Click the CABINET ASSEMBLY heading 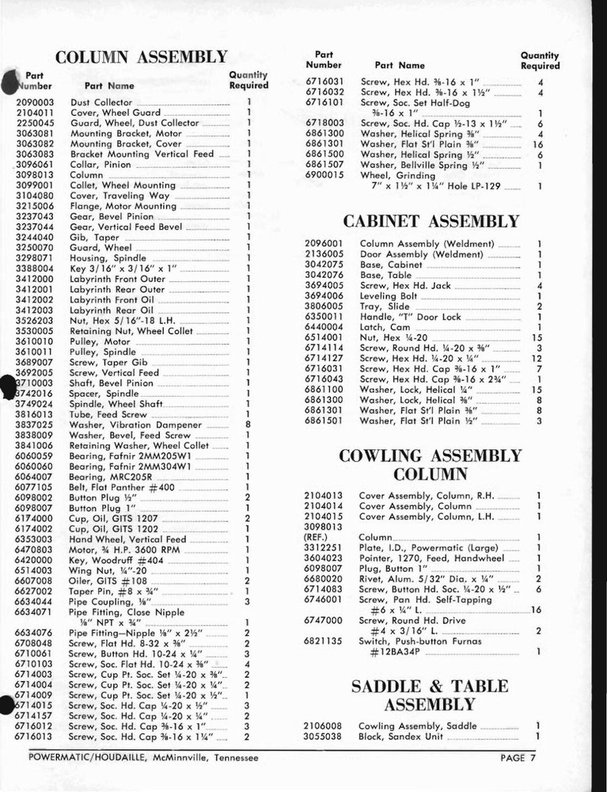[x=431, y=221]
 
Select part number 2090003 [x=35, y=102]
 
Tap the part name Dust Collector [x=101, y=102]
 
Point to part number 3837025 [x=35, y=425]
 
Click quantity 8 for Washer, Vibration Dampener [x=248, y=425]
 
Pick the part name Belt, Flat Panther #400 [x=121, y=488]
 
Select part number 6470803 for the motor [x=35, y=549]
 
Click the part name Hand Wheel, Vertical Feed [x=127, y=539]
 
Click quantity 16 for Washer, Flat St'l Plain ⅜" [x=538, y=145]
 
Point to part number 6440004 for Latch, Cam [x=324, y=326]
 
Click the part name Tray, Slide [x=385, y=306]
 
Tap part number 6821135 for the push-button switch [x=324, y=642]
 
